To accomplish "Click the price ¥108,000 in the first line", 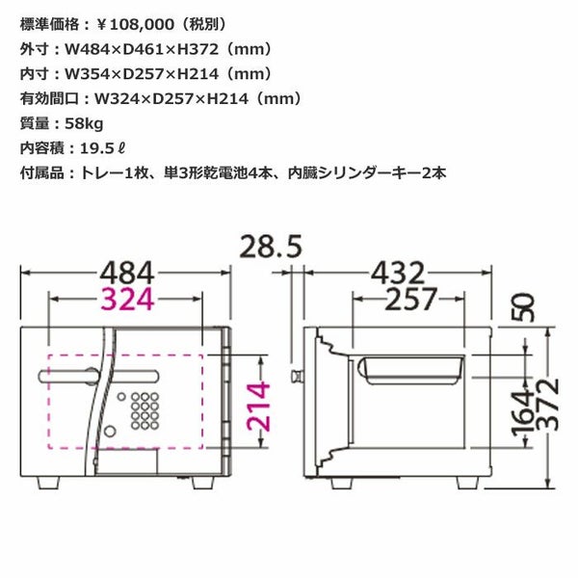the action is click(x=135, y=25).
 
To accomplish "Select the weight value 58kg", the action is click(x=84, y=124).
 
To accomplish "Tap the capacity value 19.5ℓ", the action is click(x=102, y=148).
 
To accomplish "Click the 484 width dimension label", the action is click(x=127, y=274).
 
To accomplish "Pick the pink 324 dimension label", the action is click(x=127, y=299).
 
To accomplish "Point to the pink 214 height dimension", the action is click(x=258, y=407).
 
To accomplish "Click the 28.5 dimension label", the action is click(x=271, y=247).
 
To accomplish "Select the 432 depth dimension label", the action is click(x=398, y=274).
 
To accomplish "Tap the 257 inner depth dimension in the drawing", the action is click(x=411, y=299).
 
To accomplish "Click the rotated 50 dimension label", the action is click(x=523, y=307).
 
